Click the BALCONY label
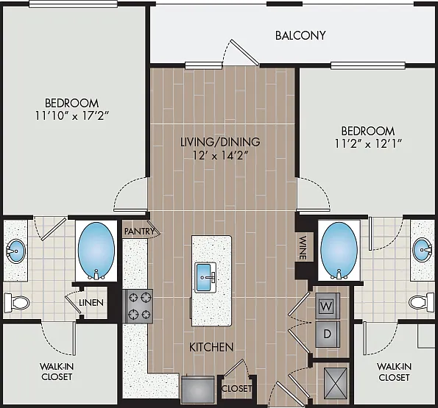(x=300, y=35)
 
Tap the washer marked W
(x=328, y=306)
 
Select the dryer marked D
(x=328, y=334)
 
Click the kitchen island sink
(x=205, y=277)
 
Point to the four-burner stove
(x=138, y=306)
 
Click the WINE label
(x=303, y=248)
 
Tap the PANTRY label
(x=139, y=231)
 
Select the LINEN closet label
(x=91, y=303)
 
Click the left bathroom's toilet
(x=16, y=303)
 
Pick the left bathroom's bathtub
(x=96, y=251)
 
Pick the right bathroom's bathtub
(x=339, y=251)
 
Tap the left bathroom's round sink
(x=15, y=251)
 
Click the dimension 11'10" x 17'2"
(x=72, y=115)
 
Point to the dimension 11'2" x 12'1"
(x=368, y=143)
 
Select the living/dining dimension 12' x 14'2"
(x=220, y=155)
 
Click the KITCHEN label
(x=211, y=347)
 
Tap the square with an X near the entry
(x=336, y=383)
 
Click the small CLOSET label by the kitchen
(x=236, y=388)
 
